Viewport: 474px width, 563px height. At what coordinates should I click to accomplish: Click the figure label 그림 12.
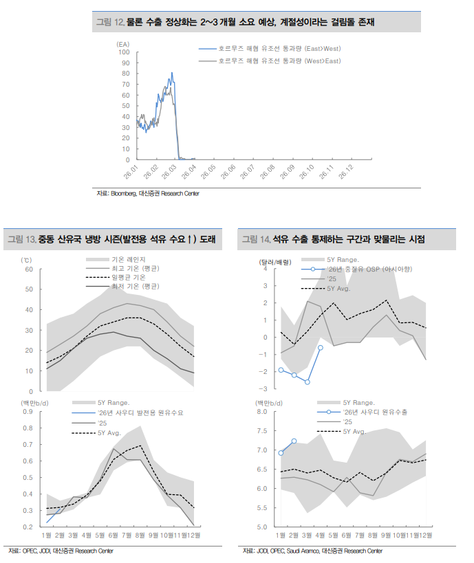(109, 22)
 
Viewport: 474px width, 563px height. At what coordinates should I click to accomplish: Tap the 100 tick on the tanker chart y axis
(125, 52)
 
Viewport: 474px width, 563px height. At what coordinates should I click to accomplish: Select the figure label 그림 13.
(21, 240)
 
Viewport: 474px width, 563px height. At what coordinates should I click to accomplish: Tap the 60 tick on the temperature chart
(29, 269)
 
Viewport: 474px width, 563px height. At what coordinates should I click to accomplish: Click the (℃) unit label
(28, 260)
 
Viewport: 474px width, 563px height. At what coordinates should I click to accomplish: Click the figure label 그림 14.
(255, 240)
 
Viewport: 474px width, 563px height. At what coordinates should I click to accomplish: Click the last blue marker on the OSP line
(321, 348)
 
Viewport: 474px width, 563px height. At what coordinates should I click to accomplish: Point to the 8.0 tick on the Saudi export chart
(265, 412)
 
